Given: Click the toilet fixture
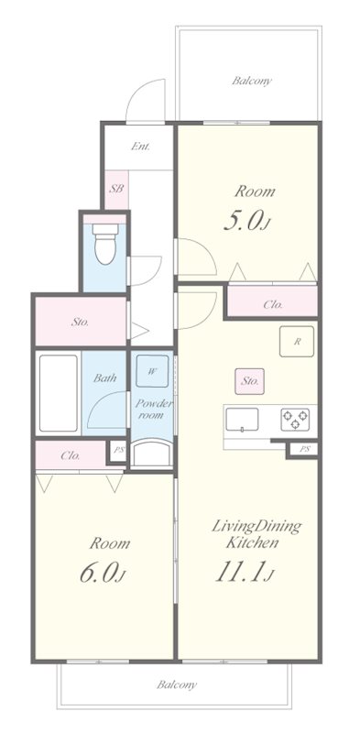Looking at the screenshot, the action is pyautogui.click(x=105, y=244).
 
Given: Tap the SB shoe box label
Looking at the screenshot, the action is pyautogui.click(x=116, y=190).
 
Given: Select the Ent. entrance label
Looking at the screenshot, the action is pyautogui.click(x=140, y=147).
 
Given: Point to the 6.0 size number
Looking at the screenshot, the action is pyautogui.click(x=98, y=574).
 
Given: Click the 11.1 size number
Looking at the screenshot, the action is pyautogui.click(x=238, y=572).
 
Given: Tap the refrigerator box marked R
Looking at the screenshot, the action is pyautogui.click(x=297, y=342).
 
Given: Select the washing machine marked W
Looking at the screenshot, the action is pyautogui.click(x=152, y=371).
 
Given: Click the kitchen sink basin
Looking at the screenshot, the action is pyautogui.click(x=242, y=420).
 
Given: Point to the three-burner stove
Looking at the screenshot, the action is pyautogui.click(x=295, y=420).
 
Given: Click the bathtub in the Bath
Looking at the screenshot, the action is pyautogui.click(x=59, y=393).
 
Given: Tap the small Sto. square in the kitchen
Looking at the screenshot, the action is pyautogui.click(x=250, y=381).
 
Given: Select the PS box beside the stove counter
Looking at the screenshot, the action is pyautogui.click(x=304, y=449).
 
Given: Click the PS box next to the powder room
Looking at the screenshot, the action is pyautogui.click(x=119, y=451).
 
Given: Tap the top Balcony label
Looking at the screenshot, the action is pyautogui.click(x=252, y=81).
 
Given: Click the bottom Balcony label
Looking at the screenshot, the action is pyautogui.click(x=177, y=684).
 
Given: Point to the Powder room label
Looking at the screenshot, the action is pyautogui.click(x=154, y=409).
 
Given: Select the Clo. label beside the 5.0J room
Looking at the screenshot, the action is pyautogui.click(x=273, y=305).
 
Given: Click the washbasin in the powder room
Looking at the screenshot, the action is pyautogui.click(x=152, y=453).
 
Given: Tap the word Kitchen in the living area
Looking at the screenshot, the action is pyautogui.click(x=253, y=543).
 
